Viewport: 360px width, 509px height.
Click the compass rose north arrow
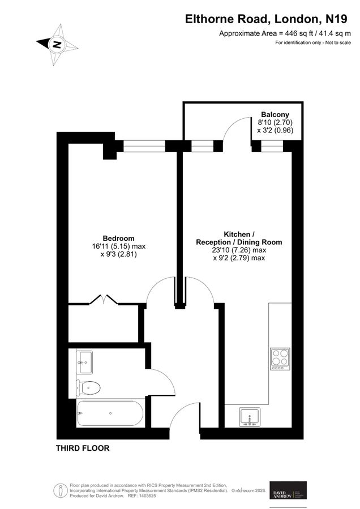click(x=57, y=44)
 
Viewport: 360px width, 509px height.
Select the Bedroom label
click(x=118, y=238)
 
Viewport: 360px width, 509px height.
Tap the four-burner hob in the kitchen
click(x=280, y=359)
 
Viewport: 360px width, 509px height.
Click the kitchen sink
click(x=248, y=417)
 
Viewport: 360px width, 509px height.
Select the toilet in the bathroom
click(x=89, y=388)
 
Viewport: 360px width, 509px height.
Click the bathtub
click(x=111, y=415)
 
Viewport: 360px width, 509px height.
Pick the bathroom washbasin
click(x=85, y=361)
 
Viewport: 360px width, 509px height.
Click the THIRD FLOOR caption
click(x=82, y=448)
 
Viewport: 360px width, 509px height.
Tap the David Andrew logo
click(x=288, y=491)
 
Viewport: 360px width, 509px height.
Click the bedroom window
click(x=144, y=147)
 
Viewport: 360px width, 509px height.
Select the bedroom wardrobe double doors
click(x=105, y=299)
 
